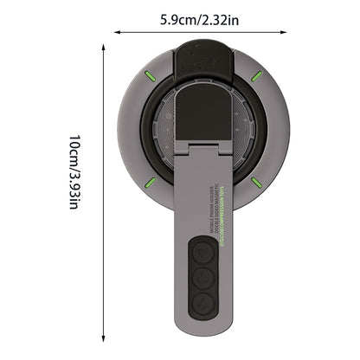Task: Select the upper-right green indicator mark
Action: [256, 76]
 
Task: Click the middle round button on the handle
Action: [202, 278]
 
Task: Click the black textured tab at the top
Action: [203, 58]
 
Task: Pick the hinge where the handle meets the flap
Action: [203, 152]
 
